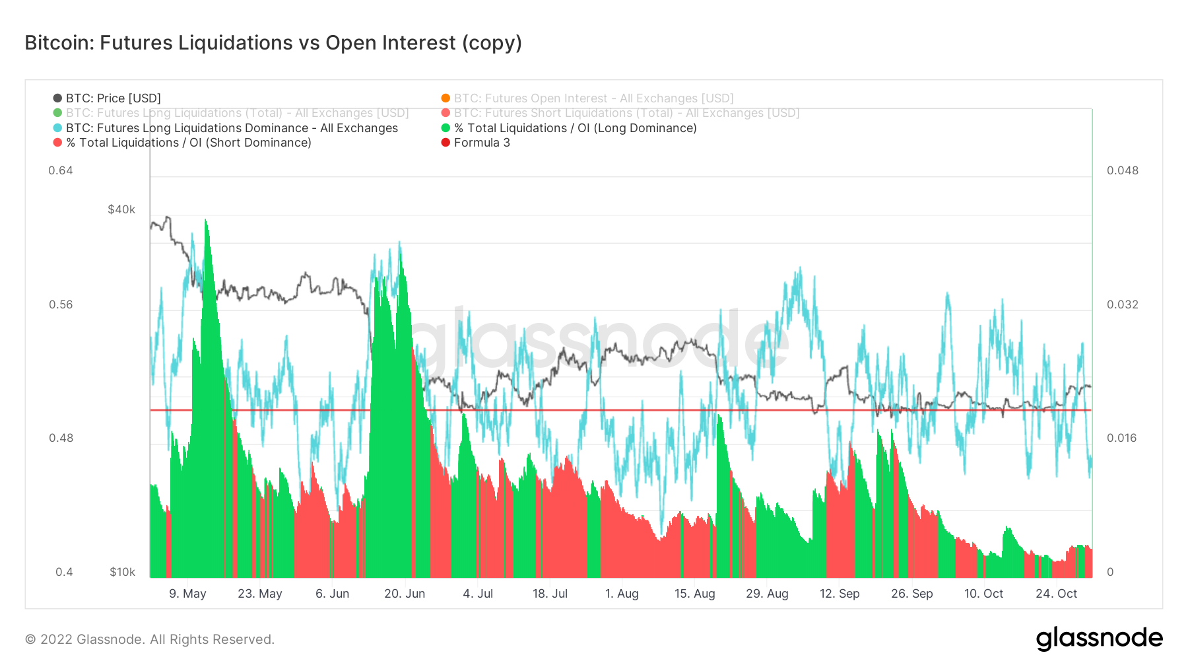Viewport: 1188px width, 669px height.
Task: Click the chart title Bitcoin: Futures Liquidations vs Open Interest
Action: [273, 43]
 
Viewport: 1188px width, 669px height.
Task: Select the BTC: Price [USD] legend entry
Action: [113, 98]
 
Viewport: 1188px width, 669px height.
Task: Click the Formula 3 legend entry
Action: [481, 143]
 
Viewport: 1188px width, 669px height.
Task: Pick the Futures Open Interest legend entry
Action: [593, 98]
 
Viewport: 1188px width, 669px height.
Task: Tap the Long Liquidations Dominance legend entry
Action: [232, 128]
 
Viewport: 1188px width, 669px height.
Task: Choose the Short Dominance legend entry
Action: [188, 143]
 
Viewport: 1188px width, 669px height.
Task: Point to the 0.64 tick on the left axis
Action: [61, 170]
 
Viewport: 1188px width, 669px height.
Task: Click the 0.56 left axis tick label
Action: [61, 304]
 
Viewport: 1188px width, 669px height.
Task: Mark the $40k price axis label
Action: [121, 209]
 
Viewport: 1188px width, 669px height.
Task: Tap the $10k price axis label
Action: [122, 572]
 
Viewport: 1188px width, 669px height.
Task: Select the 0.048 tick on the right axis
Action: [1123, 170]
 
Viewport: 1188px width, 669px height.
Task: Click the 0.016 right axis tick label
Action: [1122, 438]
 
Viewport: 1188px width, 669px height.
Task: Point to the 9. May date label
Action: [187, 594]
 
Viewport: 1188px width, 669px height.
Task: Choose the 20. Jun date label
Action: [405, 594]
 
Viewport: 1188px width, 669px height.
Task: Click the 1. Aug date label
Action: [622, 594]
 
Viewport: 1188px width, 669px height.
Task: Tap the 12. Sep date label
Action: [840, 594]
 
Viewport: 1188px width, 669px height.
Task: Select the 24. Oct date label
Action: [1056, 594]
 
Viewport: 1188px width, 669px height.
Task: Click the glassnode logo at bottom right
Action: [1099, 639]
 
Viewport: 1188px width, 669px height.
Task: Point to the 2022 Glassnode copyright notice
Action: [150, 639]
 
